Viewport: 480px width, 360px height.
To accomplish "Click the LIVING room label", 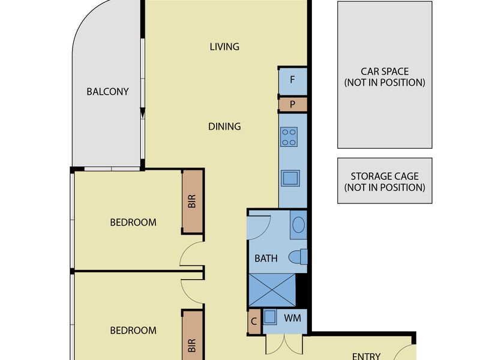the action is pyautogui.click(x=224, y=47).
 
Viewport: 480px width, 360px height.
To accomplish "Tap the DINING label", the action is pyautogui.click(x=224, y=127).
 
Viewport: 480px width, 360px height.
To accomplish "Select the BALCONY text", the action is pyautogui.click(x=107, y=92).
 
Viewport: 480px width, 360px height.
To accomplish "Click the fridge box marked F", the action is pyautogui.click(x=293, y=81).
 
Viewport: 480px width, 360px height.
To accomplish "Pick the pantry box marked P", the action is pyautogui.click(x=293, y=104).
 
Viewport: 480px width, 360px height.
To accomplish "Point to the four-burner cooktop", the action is pyautogui.click(x=289, y=137).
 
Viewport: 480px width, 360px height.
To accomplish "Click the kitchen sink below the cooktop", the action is pyautogui.click(x=290, y=178).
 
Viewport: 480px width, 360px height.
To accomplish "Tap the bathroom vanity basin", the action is pyautogui.click(x=298, y=224).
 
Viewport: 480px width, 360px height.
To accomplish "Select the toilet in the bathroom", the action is pyautogui.click(x=298, y=257).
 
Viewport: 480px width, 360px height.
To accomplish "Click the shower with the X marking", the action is pyautogui.click(x=272, y=290).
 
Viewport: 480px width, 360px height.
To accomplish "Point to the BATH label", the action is pyautogui.click(x=266, y=259).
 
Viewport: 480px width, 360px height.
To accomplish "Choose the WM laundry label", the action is pyautogui.click(x=292, y=319).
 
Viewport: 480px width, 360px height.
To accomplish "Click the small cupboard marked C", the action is pyautogui.click(x=254, y=322).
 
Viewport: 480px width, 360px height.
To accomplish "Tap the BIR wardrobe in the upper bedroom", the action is pyautogui.click(x=192, y=201).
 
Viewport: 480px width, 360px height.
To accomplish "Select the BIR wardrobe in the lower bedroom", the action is pyautogui.click(x=192, y=336).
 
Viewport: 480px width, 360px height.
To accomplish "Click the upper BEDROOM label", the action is pyautogui.click(x=133, y=222).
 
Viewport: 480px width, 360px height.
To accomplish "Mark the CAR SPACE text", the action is pyautogui.click(x=385, y=71).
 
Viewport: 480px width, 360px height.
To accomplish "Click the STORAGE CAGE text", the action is pyautogui.click(x=385, y=176).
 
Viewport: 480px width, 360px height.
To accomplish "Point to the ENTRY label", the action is pyautogui.click(x=366, y=356).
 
